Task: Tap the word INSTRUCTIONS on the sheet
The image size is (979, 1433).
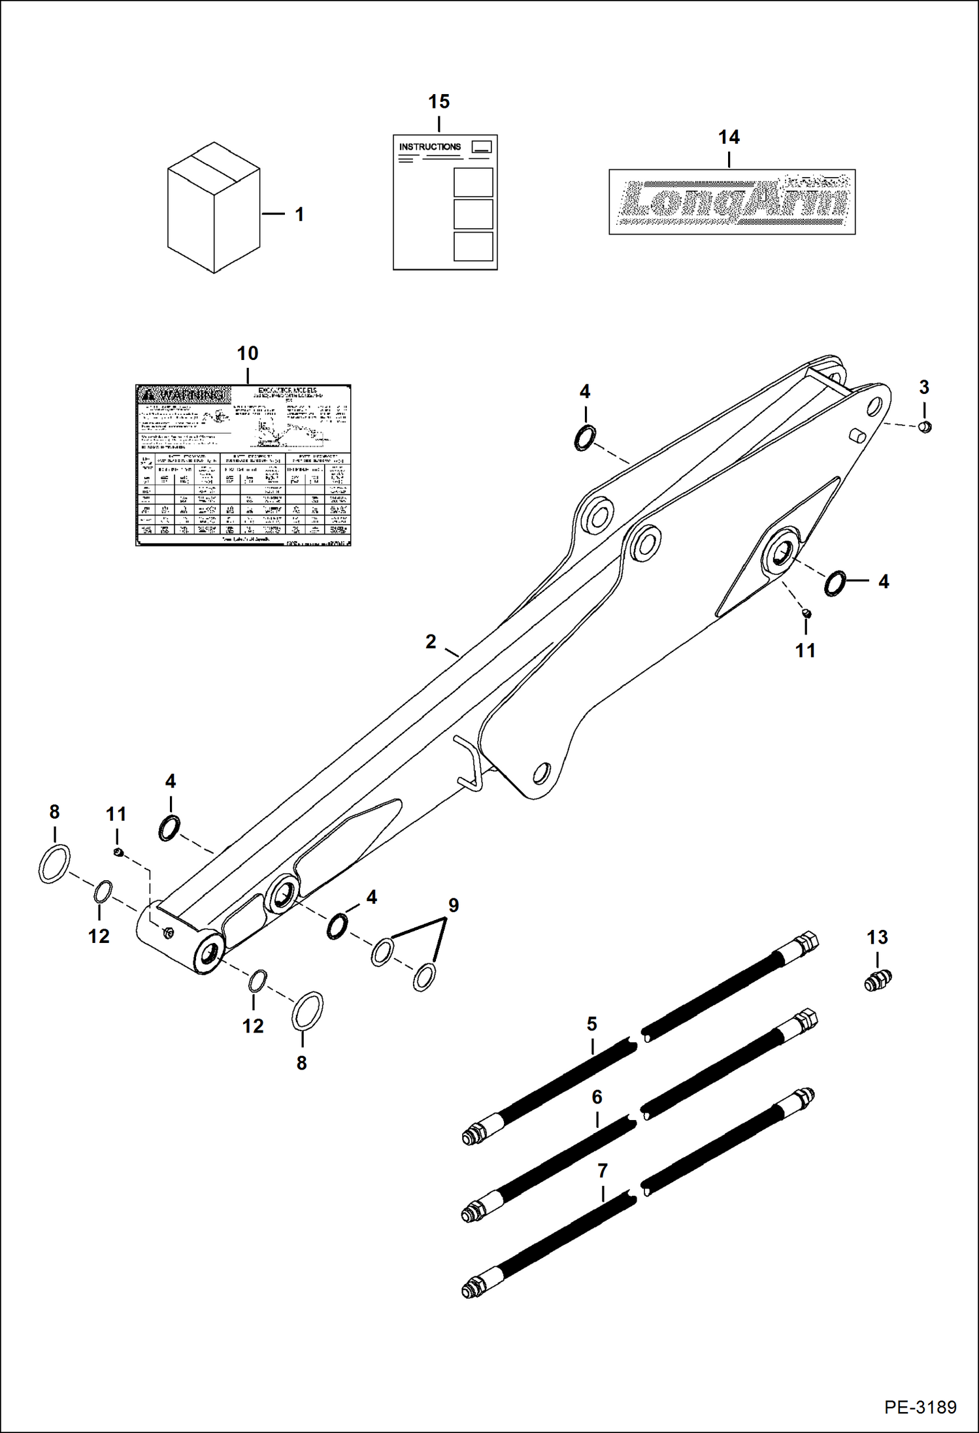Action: [429, 147]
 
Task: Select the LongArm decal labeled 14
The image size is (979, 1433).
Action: [732, 201]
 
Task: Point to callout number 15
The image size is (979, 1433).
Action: [439, 102]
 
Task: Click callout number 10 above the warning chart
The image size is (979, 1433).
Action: [248, 354]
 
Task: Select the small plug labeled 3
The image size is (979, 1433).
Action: [925, 427]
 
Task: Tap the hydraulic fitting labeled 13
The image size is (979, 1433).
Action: [878, 980]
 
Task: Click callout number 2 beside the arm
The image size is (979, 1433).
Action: [431, 642]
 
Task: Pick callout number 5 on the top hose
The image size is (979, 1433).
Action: [591, 1023]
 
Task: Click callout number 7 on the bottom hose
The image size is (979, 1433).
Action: [602, 1171]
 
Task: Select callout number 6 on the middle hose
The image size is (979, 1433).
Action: [597, 1097]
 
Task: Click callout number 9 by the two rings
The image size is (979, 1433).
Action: [453, 906]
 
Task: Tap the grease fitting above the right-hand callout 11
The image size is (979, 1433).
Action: [806, 612]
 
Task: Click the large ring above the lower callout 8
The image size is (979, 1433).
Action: [307, 1010]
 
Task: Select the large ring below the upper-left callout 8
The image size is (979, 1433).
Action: [54, 864]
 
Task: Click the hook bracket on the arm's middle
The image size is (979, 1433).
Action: [468, 761]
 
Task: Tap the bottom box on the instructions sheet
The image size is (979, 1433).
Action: [473, 246]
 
